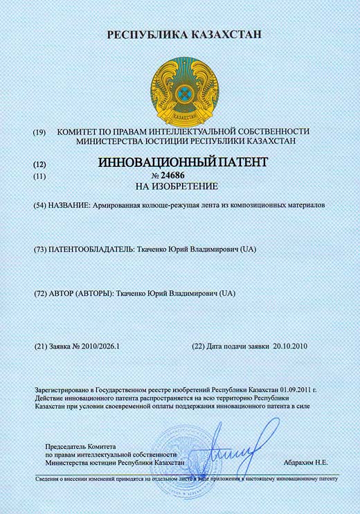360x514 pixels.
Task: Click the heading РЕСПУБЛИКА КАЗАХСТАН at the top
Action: (180, 34)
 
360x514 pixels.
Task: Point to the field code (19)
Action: (39, 132)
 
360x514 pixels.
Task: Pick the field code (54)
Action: (40, 206)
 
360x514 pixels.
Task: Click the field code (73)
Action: (40, 249)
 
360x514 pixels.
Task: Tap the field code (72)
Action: (40, 294)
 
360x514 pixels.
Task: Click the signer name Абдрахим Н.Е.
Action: (306, 461)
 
